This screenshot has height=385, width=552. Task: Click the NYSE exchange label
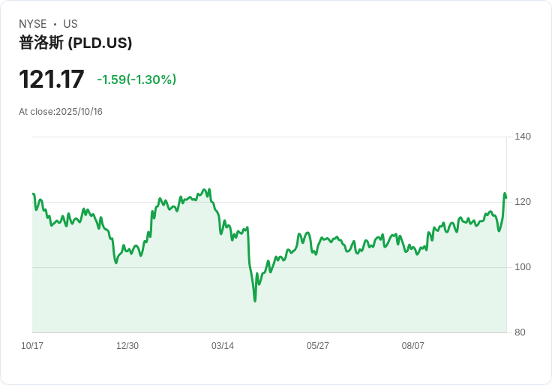[x=33, y=24]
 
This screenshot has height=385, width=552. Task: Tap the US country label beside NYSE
[x=70, y=24]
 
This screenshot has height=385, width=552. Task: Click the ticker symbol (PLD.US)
[x=100, y=43]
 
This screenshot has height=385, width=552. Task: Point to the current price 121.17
[x=52, y=80]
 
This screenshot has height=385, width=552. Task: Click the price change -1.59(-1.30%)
[x=136, y=80]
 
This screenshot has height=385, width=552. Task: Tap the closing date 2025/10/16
[x=79, y=112]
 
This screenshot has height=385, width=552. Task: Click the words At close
[x=36, y=112]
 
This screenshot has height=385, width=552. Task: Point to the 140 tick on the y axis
[x=523, y=137]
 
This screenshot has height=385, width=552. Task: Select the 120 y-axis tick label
[x=523, y=202]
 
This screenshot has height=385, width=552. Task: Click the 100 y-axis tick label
[x=523, y=267]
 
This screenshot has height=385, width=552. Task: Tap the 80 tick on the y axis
[x=520, y=332]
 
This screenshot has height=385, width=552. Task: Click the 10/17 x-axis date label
[x=32, y=346]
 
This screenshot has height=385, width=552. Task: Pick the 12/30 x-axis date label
[x=127, y=346]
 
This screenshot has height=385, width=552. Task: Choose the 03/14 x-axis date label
[x=223, y=346]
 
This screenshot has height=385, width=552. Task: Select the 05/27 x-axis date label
[x=318, y=346]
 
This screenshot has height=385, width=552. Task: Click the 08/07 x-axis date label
[x=413, y=346]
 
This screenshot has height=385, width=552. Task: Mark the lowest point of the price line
[x=255, y=301]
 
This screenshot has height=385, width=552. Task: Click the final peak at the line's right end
[x=505, y=194]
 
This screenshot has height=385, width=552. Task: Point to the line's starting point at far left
[x=33, y=194]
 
